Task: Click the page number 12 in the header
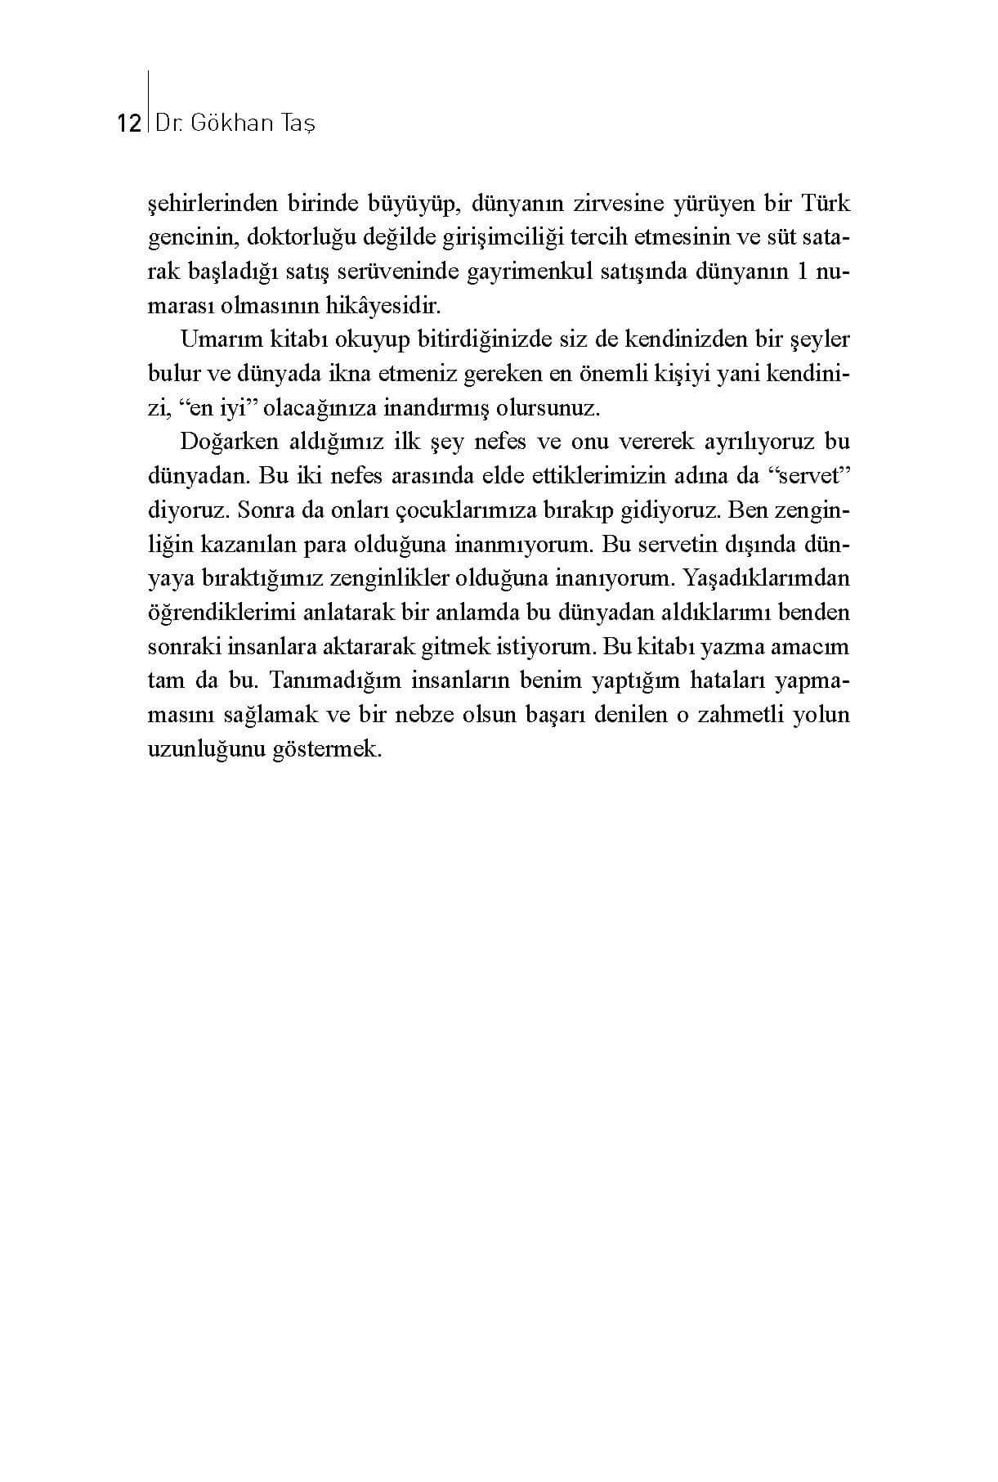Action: click(x=130, y=123)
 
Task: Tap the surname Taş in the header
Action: click(x=298, y=123)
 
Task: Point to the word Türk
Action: click(x=826, y=204)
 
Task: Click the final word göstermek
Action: click(x=333, y=750)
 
